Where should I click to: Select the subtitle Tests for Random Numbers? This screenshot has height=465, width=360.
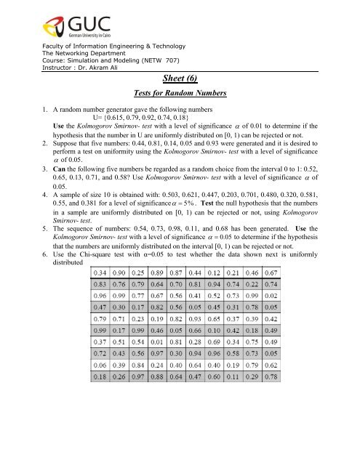pos(179,94)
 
